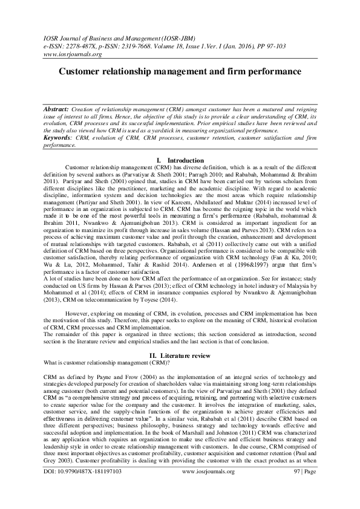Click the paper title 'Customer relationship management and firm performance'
(x=180, y=71)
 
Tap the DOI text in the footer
(x=83, y=488)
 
